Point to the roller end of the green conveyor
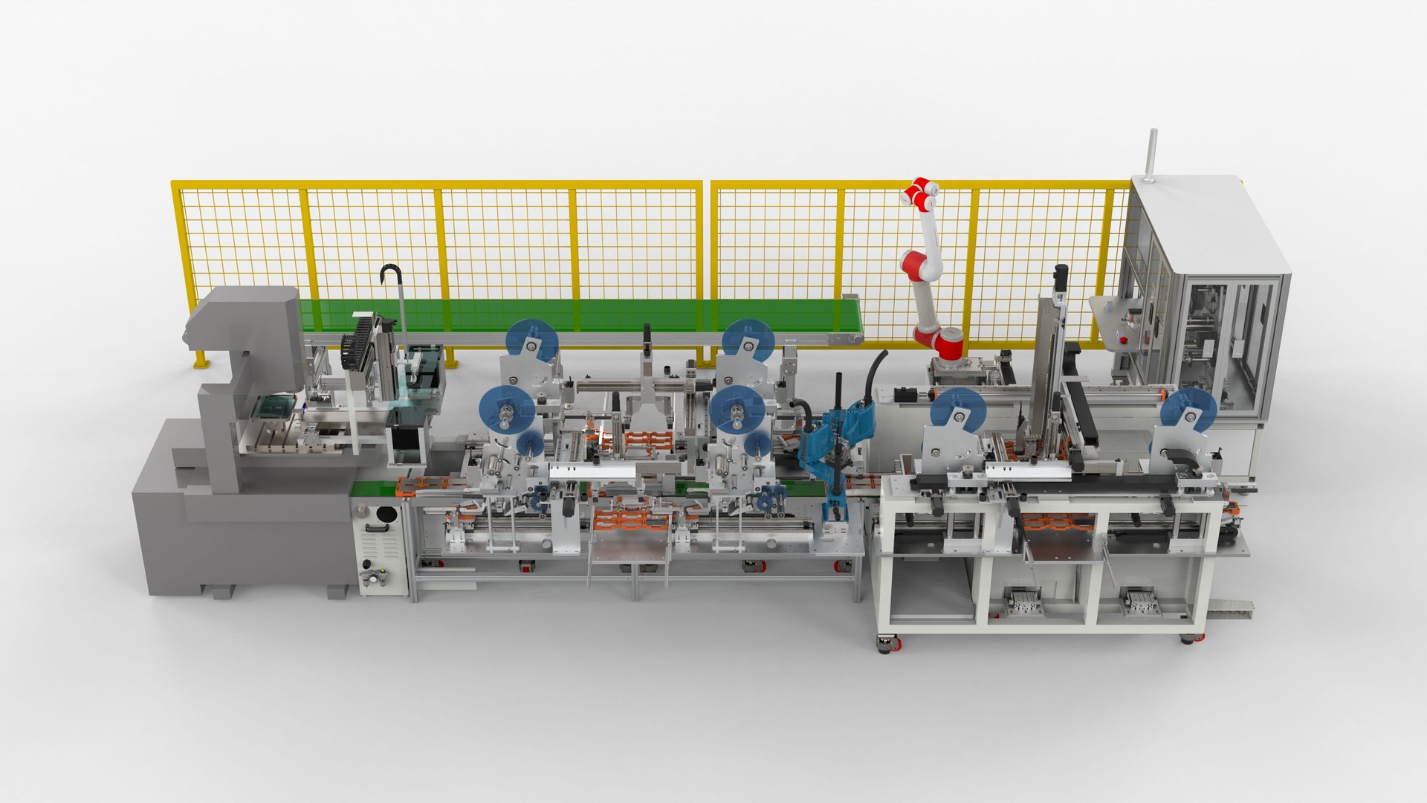coord(854,339)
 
